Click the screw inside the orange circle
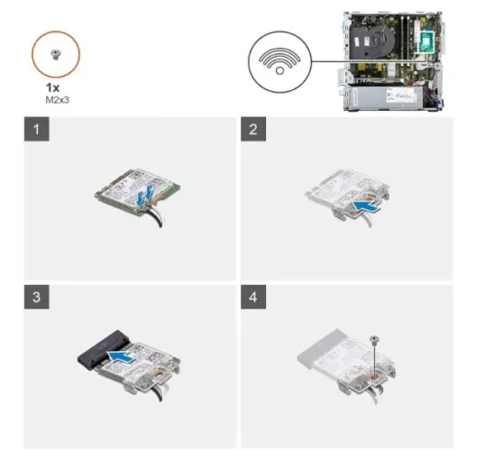(x=56, y=55)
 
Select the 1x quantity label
(x=52, y=87)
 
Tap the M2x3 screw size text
(x=57, y=100)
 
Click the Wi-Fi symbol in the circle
(x=279, y=61)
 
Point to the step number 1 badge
(x=36, y=129)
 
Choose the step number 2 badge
(x=253, y=129)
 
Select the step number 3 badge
(x=36, y=297)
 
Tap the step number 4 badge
(x=253, y=297)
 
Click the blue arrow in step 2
(x=367, y=206)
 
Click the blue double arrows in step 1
(x=145, y=195)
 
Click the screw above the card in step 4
(x=375, y=340)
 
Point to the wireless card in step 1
(x=137, y=191)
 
